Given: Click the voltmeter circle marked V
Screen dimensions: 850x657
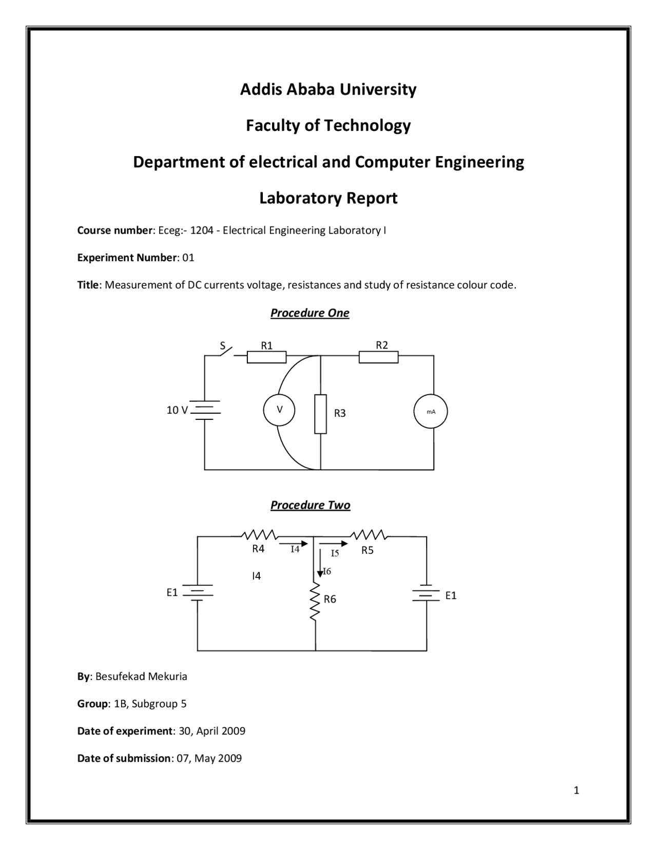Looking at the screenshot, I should (279, 410).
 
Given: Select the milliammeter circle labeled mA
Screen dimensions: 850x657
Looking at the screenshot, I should (431, 412).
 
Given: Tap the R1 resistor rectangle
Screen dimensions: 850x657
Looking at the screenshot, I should (266, 357).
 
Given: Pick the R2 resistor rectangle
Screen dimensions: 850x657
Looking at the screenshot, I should (378, 357).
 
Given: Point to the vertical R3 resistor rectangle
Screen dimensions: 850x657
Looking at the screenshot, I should (320, 414).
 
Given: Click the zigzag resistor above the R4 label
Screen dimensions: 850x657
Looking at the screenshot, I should (259, 535).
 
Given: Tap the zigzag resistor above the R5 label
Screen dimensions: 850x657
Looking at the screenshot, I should (369, 535).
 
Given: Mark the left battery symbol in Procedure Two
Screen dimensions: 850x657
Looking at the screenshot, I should (198, 592).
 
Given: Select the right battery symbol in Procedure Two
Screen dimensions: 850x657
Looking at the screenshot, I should (426, 594).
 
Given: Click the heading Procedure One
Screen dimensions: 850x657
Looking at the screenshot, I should (310, 313).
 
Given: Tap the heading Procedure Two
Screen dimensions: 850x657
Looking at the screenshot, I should (310, 506).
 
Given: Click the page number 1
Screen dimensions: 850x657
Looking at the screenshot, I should (576, 790).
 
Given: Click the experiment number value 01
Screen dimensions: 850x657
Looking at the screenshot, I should (188, 258).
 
